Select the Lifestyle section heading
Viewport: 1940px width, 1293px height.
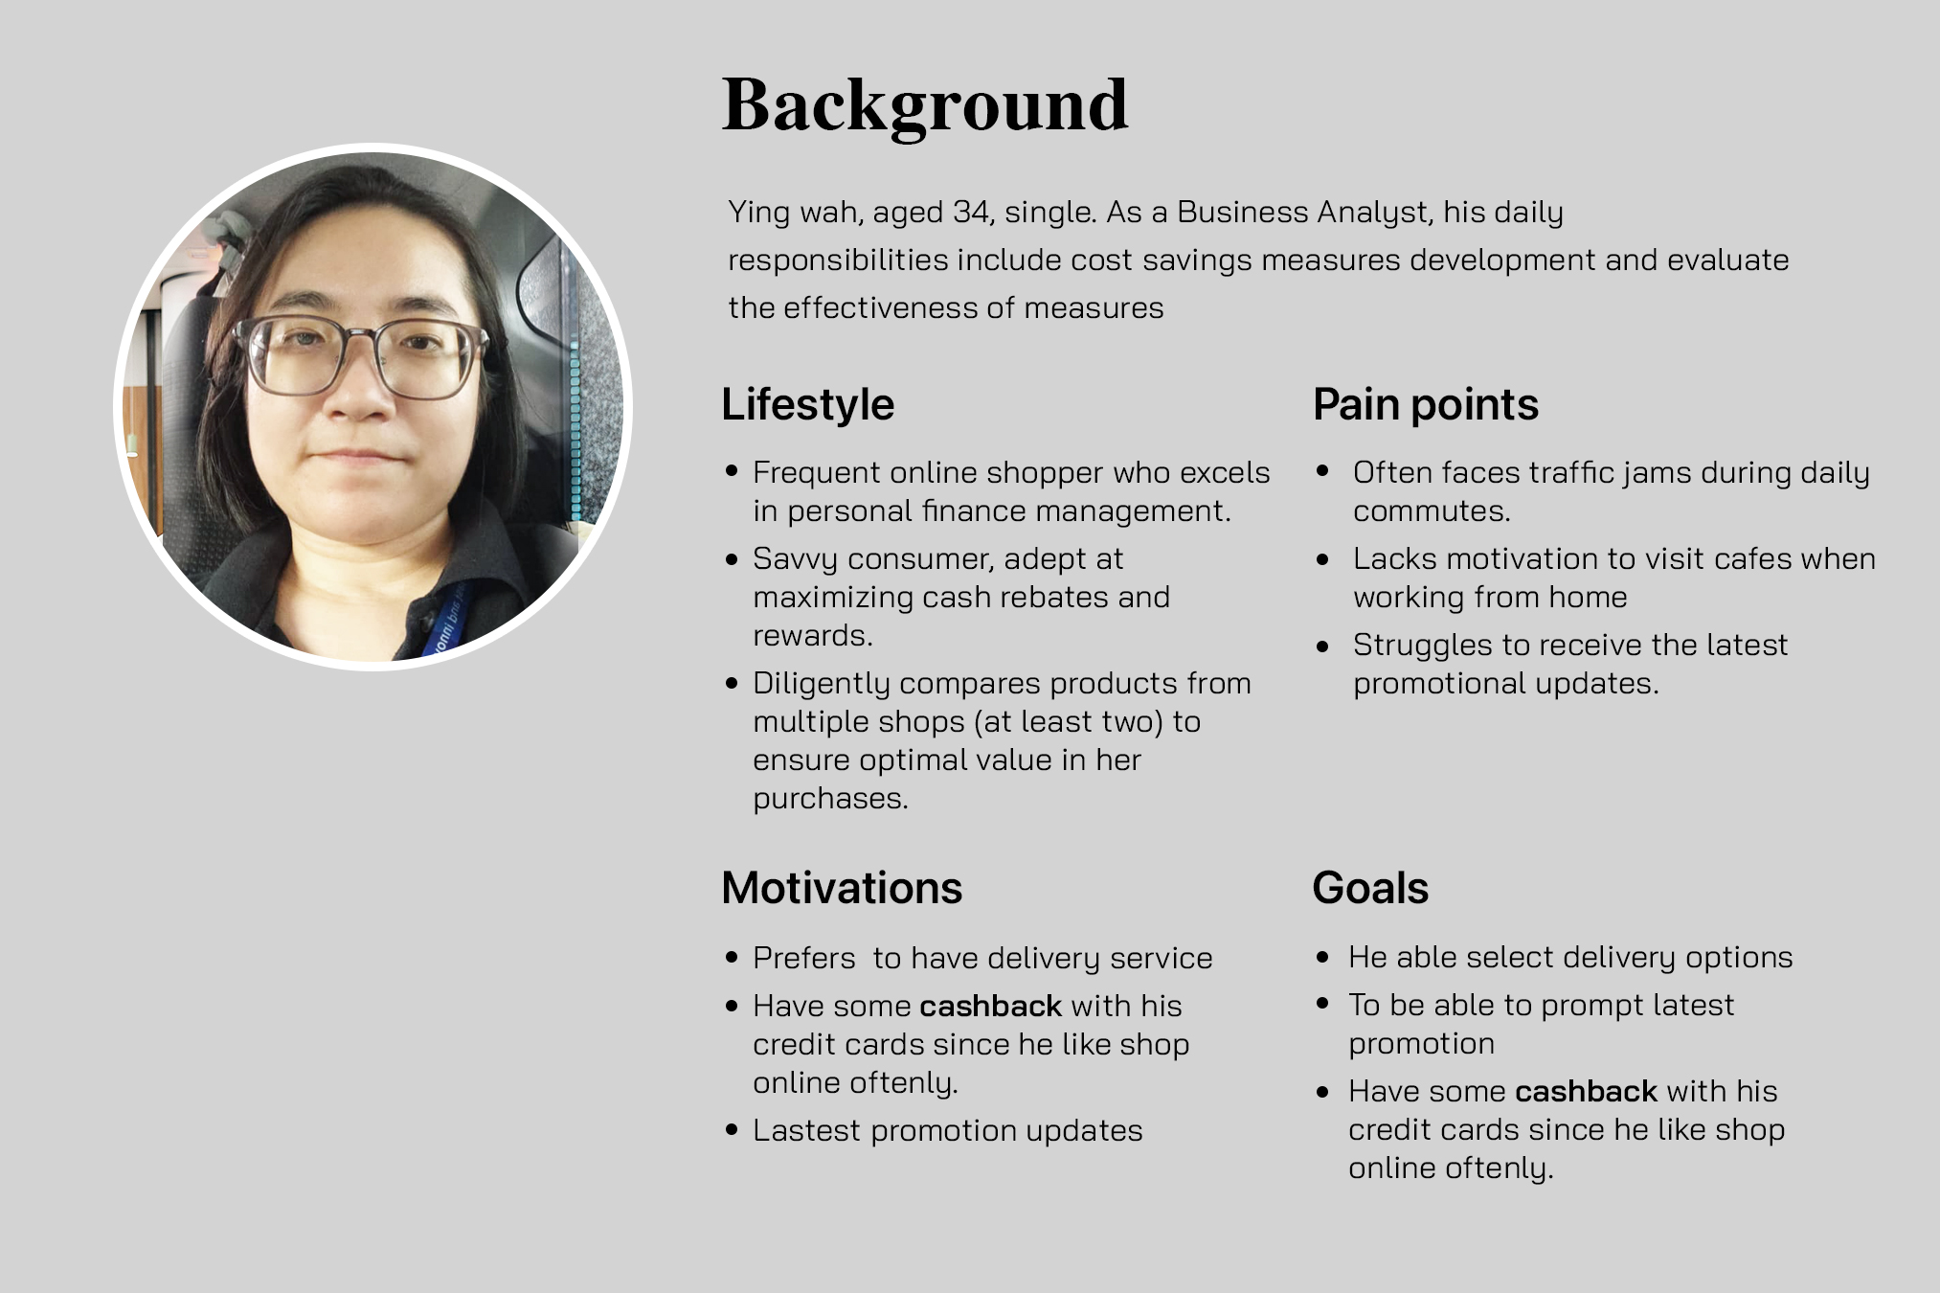click(807, 405)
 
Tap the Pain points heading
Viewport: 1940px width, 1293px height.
click(1425, 405)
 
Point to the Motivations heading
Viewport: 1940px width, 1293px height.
click(842, 888)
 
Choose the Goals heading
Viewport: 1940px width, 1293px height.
click(1370, 888)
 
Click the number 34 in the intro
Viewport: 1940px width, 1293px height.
click(973, 212)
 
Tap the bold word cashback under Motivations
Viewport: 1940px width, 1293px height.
click(990, 1006)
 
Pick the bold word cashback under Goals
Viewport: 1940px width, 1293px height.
click(1586, 1091)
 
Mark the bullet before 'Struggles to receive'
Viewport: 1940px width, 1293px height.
click(1323, 646)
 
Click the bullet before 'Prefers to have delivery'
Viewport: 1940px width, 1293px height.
click(733, 958)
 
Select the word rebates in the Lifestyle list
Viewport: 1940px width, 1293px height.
click(1050, 597)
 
